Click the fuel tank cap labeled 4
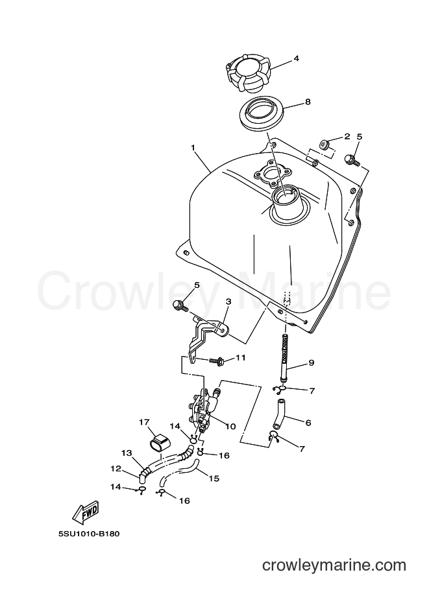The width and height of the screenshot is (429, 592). coord(249,75)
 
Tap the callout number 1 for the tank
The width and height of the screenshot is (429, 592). coord(193,148)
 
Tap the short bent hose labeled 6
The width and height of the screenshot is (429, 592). coord(280,414)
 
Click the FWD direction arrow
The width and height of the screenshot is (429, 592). coord(86,512)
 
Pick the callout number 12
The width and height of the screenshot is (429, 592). coord(116,469)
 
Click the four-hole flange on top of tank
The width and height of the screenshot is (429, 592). coord(273,174)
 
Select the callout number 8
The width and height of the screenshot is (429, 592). coord(308,102)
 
